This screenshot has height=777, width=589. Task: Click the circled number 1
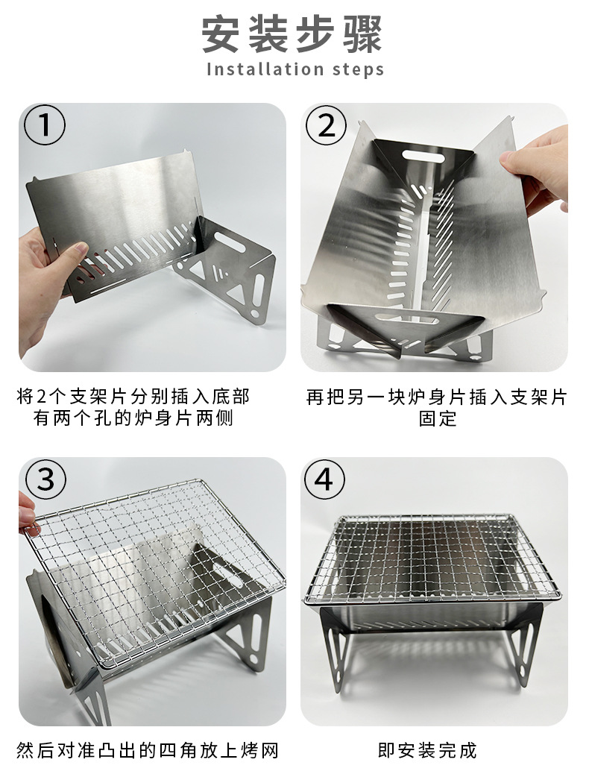pos(45,126)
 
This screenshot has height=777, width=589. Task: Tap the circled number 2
pos(327,126)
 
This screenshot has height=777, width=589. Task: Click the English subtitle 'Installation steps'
pos(294,69)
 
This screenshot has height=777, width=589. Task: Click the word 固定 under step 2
pos(438,419)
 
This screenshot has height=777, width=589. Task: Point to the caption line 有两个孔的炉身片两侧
pos(134,419)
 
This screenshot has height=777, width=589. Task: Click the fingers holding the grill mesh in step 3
pos(28,515)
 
